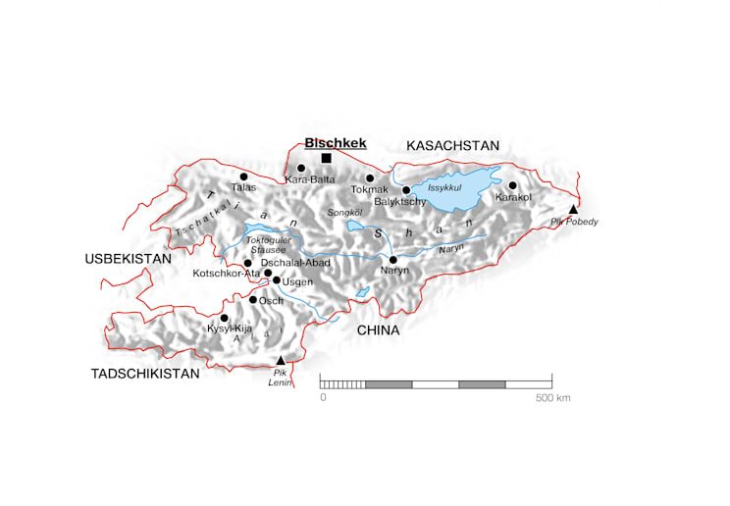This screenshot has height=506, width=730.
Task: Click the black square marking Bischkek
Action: [327, 158]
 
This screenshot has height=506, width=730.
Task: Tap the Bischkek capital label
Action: [336, 142]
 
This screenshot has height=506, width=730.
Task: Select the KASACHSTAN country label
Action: [453, 145]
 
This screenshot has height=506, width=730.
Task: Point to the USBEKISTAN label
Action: [129, 258]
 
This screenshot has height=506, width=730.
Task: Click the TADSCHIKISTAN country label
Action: [145, 374]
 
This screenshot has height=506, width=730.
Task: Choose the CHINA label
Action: [378, 330]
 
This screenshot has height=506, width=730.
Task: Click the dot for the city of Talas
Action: [243, 177]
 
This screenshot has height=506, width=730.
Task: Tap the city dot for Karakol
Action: [512, 184]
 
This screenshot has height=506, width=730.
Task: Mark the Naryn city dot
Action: [393, 259]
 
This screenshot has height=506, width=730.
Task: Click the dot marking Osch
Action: [252, 299]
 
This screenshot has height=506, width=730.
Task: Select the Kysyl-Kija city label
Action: [230, 329]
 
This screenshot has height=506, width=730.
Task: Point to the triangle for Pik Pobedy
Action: [574, 209]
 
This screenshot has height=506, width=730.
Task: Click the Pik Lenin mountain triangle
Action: [281, 360]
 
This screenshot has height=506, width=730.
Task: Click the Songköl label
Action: [343, 212]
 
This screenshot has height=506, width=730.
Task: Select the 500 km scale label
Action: [552, 398]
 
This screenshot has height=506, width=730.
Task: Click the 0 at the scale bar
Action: [323, 398]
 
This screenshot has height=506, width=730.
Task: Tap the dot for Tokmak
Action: [370, 177]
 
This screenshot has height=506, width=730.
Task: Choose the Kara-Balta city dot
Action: [301, 168]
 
